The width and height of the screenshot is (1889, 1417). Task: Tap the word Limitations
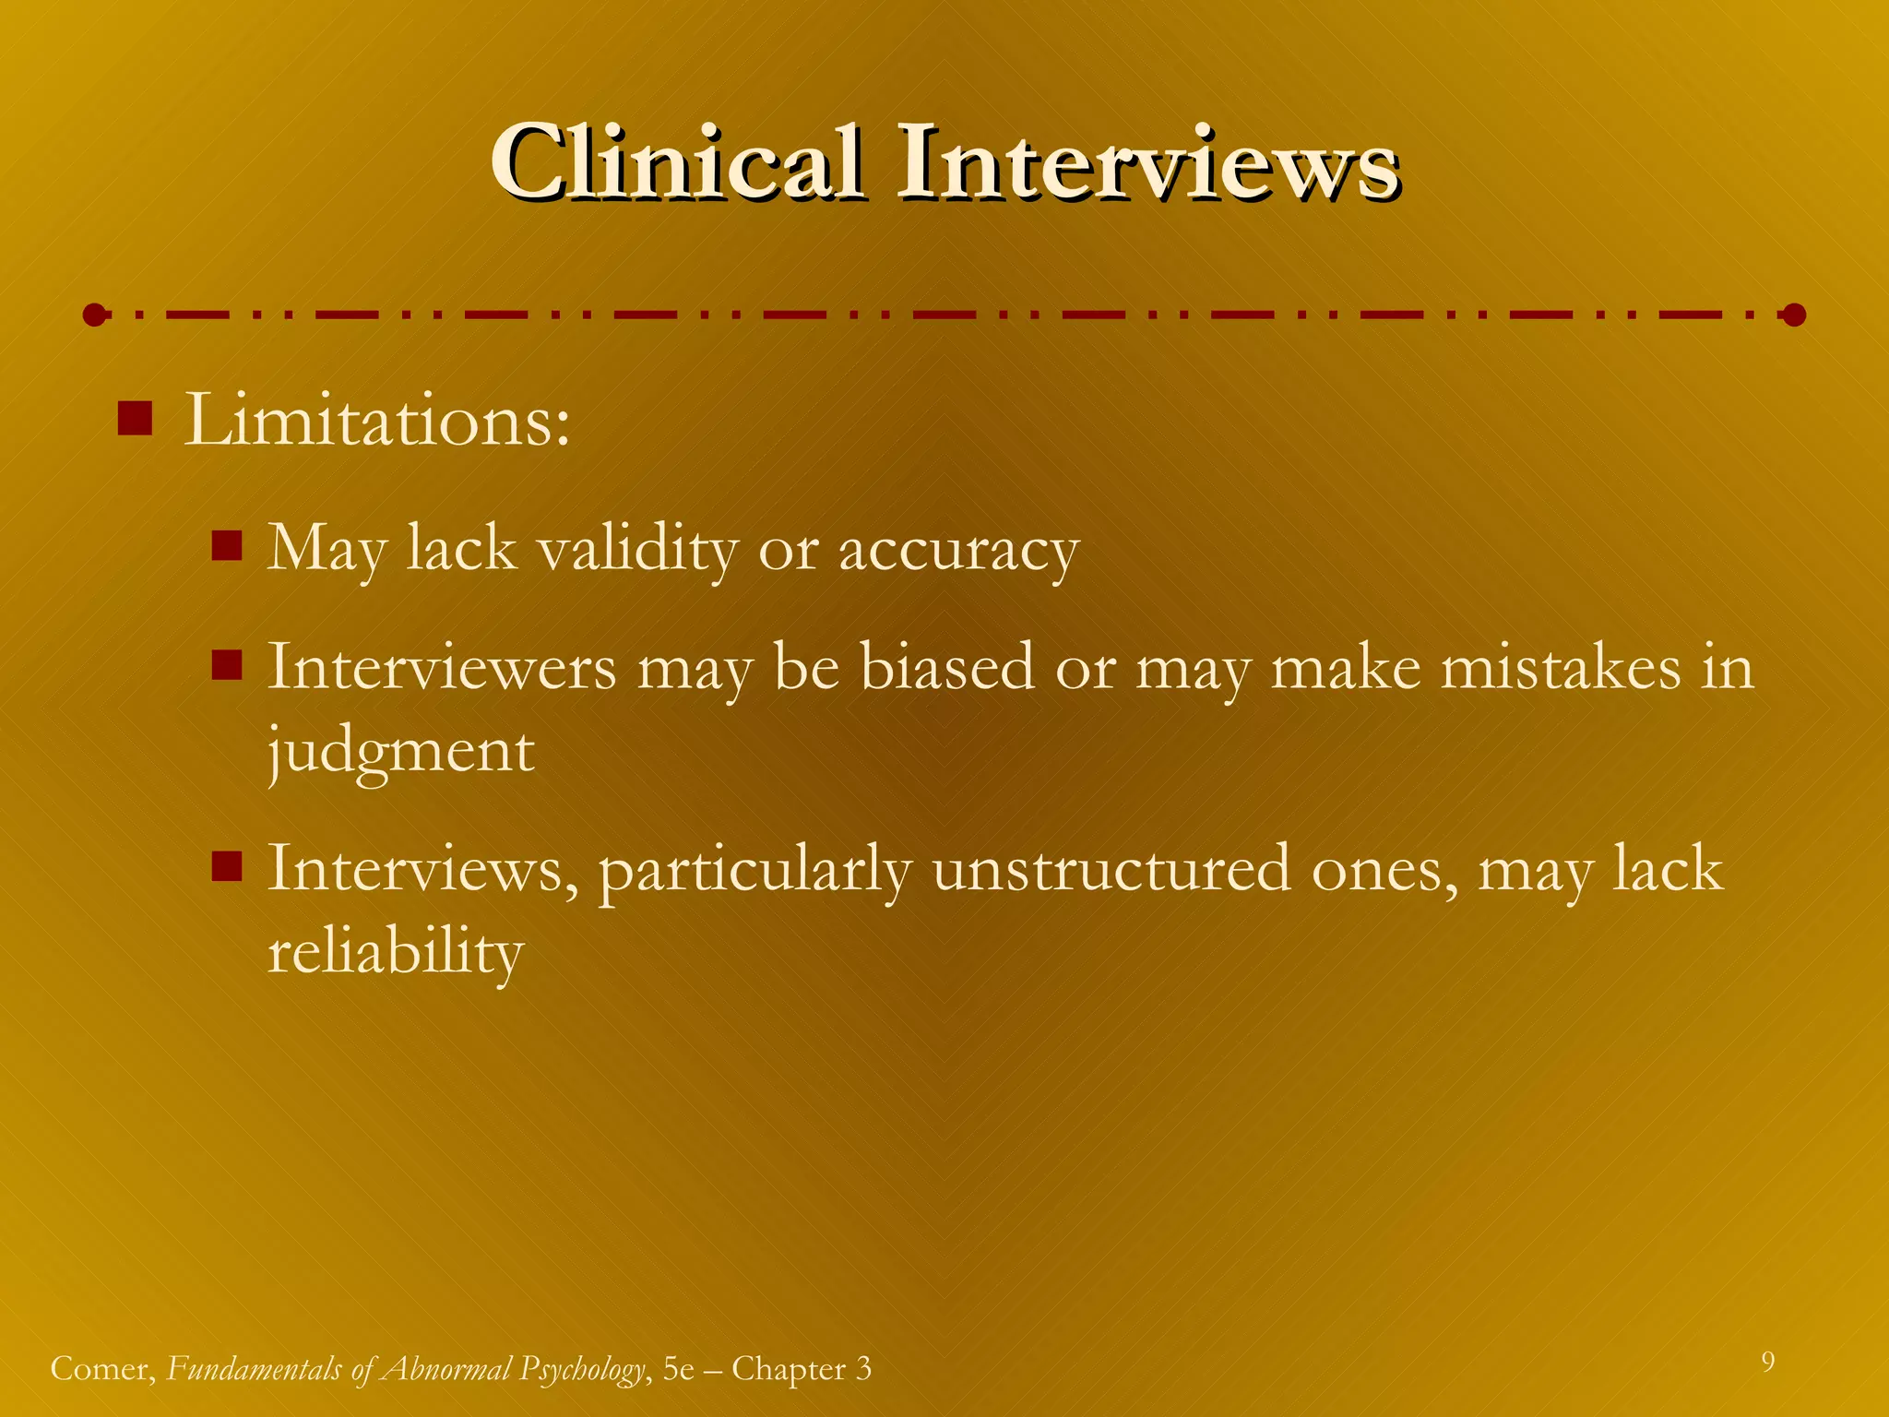click(376, 422)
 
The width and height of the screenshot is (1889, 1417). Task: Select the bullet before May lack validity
click(226, 545)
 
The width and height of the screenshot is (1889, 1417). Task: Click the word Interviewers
click(442, 667)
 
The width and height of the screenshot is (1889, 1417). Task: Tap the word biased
click(947, 667)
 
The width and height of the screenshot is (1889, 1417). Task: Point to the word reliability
click(396, 953)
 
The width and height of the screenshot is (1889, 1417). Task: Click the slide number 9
click(1767, 1362)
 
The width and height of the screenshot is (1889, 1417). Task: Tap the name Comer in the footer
click(102, 1369)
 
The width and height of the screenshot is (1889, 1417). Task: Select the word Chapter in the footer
click(789, 1369)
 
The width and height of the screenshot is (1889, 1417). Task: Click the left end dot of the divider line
click(94, 316)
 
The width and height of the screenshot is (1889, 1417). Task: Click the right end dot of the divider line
click(1794, 316)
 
